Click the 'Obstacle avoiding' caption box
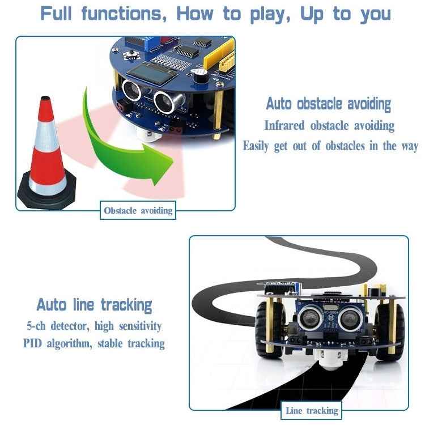138,211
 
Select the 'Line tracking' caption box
312,411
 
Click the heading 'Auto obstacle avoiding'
329,104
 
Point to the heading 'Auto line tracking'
94,305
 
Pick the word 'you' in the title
376,14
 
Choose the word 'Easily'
257,146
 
